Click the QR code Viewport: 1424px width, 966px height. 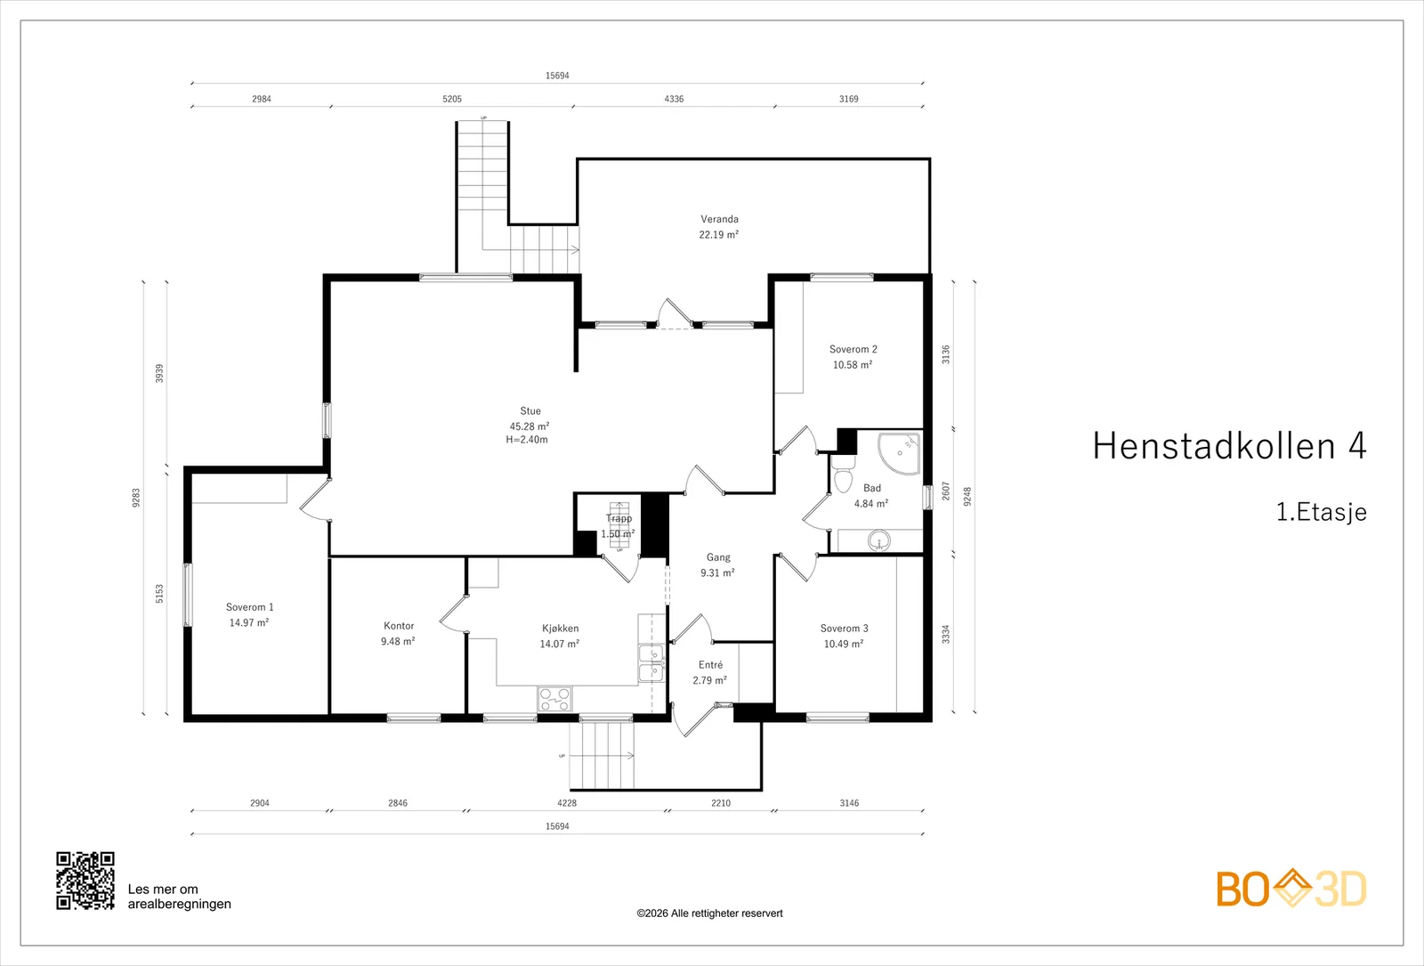click(85, 881)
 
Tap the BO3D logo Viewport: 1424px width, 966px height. click(1291, 889)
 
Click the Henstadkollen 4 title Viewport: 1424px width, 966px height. click(1229, 445)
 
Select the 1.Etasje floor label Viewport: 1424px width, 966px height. click(1321, 512)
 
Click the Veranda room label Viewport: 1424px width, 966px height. click(719, 219)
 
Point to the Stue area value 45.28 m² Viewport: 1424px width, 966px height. click(530, 426)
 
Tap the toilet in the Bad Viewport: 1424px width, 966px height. click(843, 475)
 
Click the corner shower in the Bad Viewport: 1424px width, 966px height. click(899, 453)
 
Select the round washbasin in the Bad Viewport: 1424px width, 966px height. click(879, 541)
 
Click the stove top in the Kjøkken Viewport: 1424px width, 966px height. click(555, 699)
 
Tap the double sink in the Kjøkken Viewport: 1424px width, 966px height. click(651, 662)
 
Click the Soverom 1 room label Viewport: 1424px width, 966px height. click(250, 607)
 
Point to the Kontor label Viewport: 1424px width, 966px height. click(399, 626)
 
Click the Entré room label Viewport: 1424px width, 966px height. click(710, 664)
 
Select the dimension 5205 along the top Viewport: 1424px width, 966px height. click(452, 99)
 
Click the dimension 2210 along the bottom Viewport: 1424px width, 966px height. click(721, 803)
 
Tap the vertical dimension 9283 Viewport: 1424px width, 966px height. click(136, 498)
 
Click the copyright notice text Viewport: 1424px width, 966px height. click(709, 913)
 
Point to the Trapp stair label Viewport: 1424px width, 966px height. click(619, 518)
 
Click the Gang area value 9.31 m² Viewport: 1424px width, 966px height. click(717, 573)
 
